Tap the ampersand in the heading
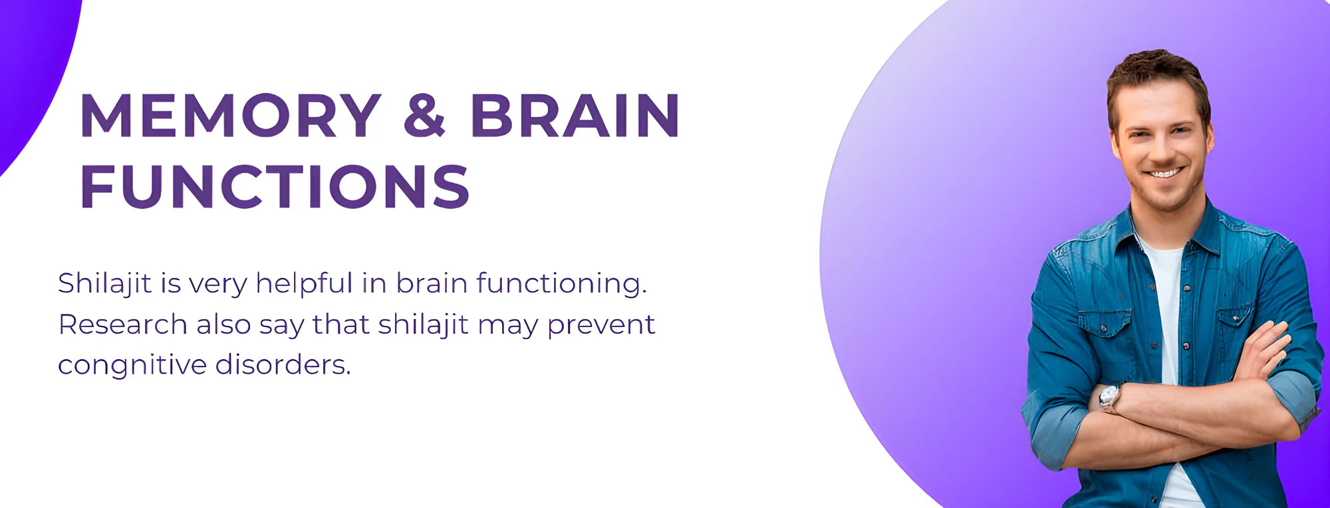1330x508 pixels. pyautogui.click(x=424, y=115)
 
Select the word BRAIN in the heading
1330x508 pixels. pyautogui.click(x=575, y=115)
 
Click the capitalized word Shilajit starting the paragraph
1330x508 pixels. pyautogui.click(x=105, y=284)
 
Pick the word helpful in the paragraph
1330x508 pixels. pyautogui.click(x=304, y=284)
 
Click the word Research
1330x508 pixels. pyautogui.click(x=123, y=324)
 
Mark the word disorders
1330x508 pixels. pyautogui.click(x=283, y=364)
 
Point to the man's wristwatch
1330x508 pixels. pyautogui.click(x=1109, y=397)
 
